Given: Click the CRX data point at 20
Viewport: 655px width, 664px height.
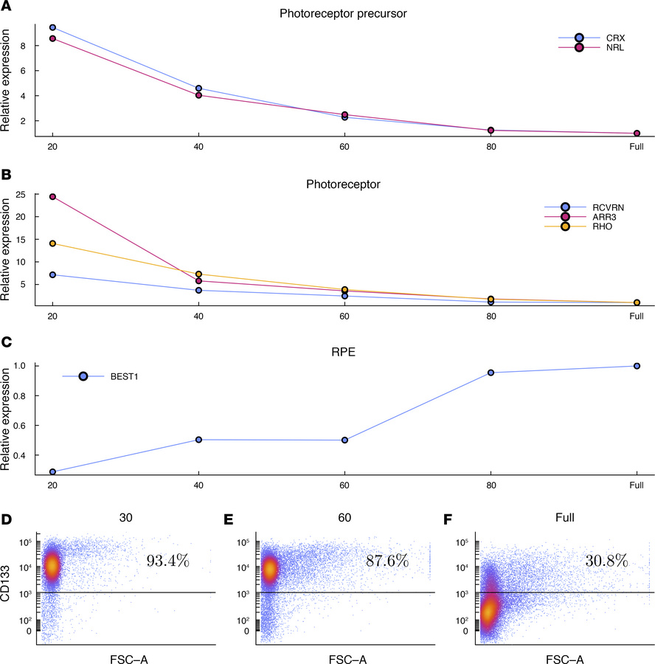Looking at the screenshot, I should pos(52,27).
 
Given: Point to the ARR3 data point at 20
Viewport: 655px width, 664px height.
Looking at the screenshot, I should pos(52,197).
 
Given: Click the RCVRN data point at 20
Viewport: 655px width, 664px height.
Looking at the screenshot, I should pos(52,274).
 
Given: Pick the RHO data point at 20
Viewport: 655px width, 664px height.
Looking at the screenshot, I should pos(52,243).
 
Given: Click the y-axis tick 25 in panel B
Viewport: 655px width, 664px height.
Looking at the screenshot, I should pos(20,194).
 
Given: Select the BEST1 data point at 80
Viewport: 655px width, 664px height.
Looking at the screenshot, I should pos(491,373).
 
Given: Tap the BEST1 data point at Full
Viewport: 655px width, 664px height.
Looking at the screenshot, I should pos(637,366).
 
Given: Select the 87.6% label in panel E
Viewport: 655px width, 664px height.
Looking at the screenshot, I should pos(387,561).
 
